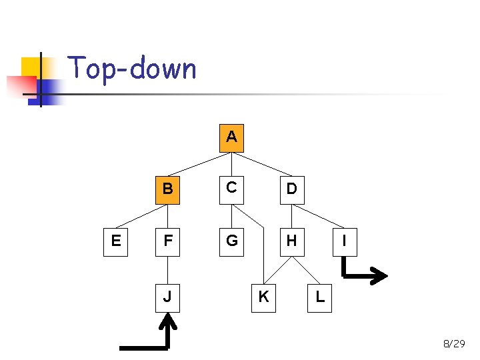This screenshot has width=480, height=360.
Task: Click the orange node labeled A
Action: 231,137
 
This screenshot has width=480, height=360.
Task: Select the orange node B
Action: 167,189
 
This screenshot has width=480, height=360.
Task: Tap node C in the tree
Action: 231,189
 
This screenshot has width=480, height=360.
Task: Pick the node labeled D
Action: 291,189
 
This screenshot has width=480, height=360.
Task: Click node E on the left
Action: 116,241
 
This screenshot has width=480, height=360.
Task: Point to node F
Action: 167,241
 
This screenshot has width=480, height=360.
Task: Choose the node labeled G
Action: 231,241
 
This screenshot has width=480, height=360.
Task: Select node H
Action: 291,241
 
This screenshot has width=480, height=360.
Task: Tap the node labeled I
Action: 343,241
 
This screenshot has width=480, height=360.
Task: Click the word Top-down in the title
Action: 132,69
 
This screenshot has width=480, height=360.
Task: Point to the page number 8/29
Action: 454,344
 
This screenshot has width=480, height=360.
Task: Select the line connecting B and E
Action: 141,216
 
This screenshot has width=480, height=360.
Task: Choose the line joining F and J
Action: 167,269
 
